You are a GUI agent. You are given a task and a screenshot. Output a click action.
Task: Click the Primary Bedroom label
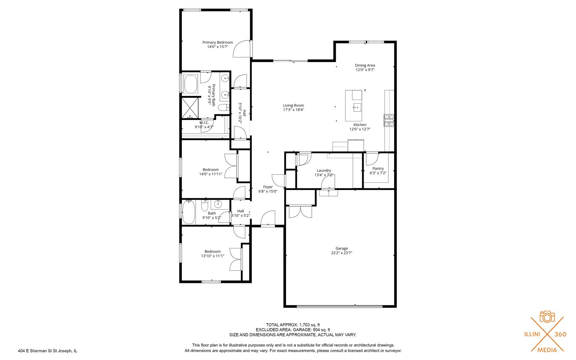(x=218, y=42)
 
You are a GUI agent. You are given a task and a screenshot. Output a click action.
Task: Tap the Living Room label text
(x=293, y=105)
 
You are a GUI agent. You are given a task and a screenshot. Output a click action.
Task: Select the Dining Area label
(x=365, y=65)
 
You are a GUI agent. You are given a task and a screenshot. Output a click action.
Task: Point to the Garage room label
(x=341, y=248)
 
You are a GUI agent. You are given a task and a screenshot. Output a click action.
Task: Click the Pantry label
(x=378, y=169)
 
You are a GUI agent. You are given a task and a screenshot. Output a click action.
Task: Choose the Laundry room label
(x=324, y=170)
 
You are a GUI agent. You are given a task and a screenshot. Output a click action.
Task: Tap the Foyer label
(x=268, y=187)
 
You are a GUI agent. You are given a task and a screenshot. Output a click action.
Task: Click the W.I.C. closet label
(x=204, y=123)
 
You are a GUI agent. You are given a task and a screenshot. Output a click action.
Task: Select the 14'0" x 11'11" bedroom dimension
(x=211, y=174)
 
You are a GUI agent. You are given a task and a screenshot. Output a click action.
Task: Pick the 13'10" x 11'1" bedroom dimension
(x=213, y=256)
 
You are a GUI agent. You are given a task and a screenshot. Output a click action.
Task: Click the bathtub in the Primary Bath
(x=191, y=84)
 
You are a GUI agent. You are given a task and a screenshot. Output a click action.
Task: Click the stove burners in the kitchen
(x=389, y=120)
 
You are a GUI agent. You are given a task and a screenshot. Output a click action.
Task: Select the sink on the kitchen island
(x=357, y=107)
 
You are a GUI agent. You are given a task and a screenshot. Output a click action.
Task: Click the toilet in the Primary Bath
(x=224, y=107)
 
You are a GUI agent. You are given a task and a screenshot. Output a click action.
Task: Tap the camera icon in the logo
(x=547, y=317)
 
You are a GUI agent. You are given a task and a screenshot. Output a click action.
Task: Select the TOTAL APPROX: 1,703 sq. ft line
(x=293, y=325)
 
